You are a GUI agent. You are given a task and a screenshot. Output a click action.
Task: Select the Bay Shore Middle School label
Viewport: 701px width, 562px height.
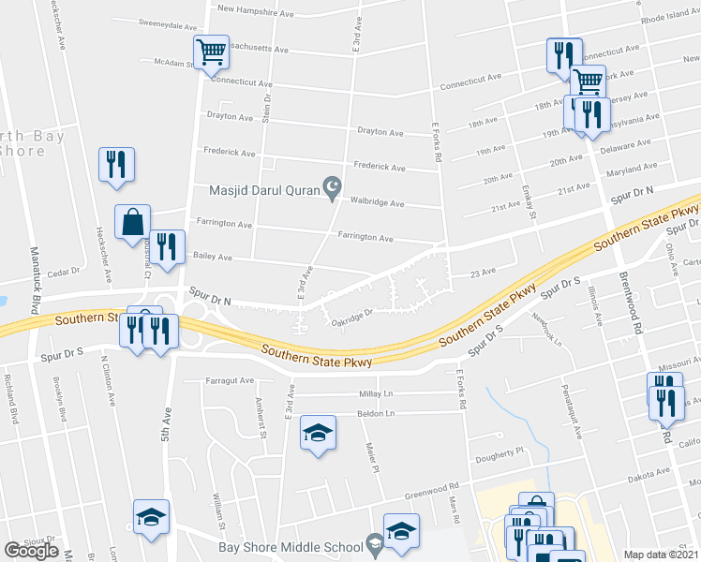[291, 547]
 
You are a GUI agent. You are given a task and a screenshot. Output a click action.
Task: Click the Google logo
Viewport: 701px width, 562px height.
[31, 551]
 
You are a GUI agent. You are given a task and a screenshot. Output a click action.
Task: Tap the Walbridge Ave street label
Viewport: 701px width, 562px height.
[377, 202]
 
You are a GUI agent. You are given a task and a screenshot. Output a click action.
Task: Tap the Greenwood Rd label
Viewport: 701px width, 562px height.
[431, 490]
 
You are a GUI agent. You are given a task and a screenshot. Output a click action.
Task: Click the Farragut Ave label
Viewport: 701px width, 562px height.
[231, 380]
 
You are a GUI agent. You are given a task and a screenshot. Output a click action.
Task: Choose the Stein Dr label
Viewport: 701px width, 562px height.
[267, 111]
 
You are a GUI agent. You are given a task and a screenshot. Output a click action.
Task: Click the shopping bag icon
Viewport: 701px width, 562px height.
[132, 222]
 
